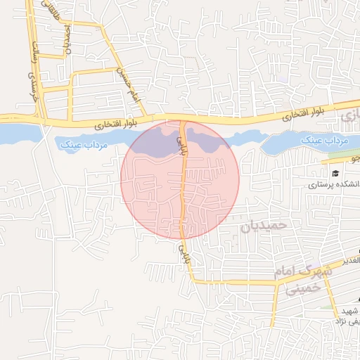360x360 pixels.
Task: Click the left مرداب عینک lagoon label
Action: tap(78, 144)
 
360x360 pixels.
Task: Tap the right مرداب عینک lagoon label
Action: tap(325, 141)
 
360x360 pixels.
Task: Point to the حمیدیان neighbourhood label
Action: tap(264, 225)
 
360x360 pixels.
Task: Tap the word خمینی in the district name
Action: tap(304, 287)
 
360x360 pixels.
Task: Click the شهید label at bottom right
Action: tap(349, 310)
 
